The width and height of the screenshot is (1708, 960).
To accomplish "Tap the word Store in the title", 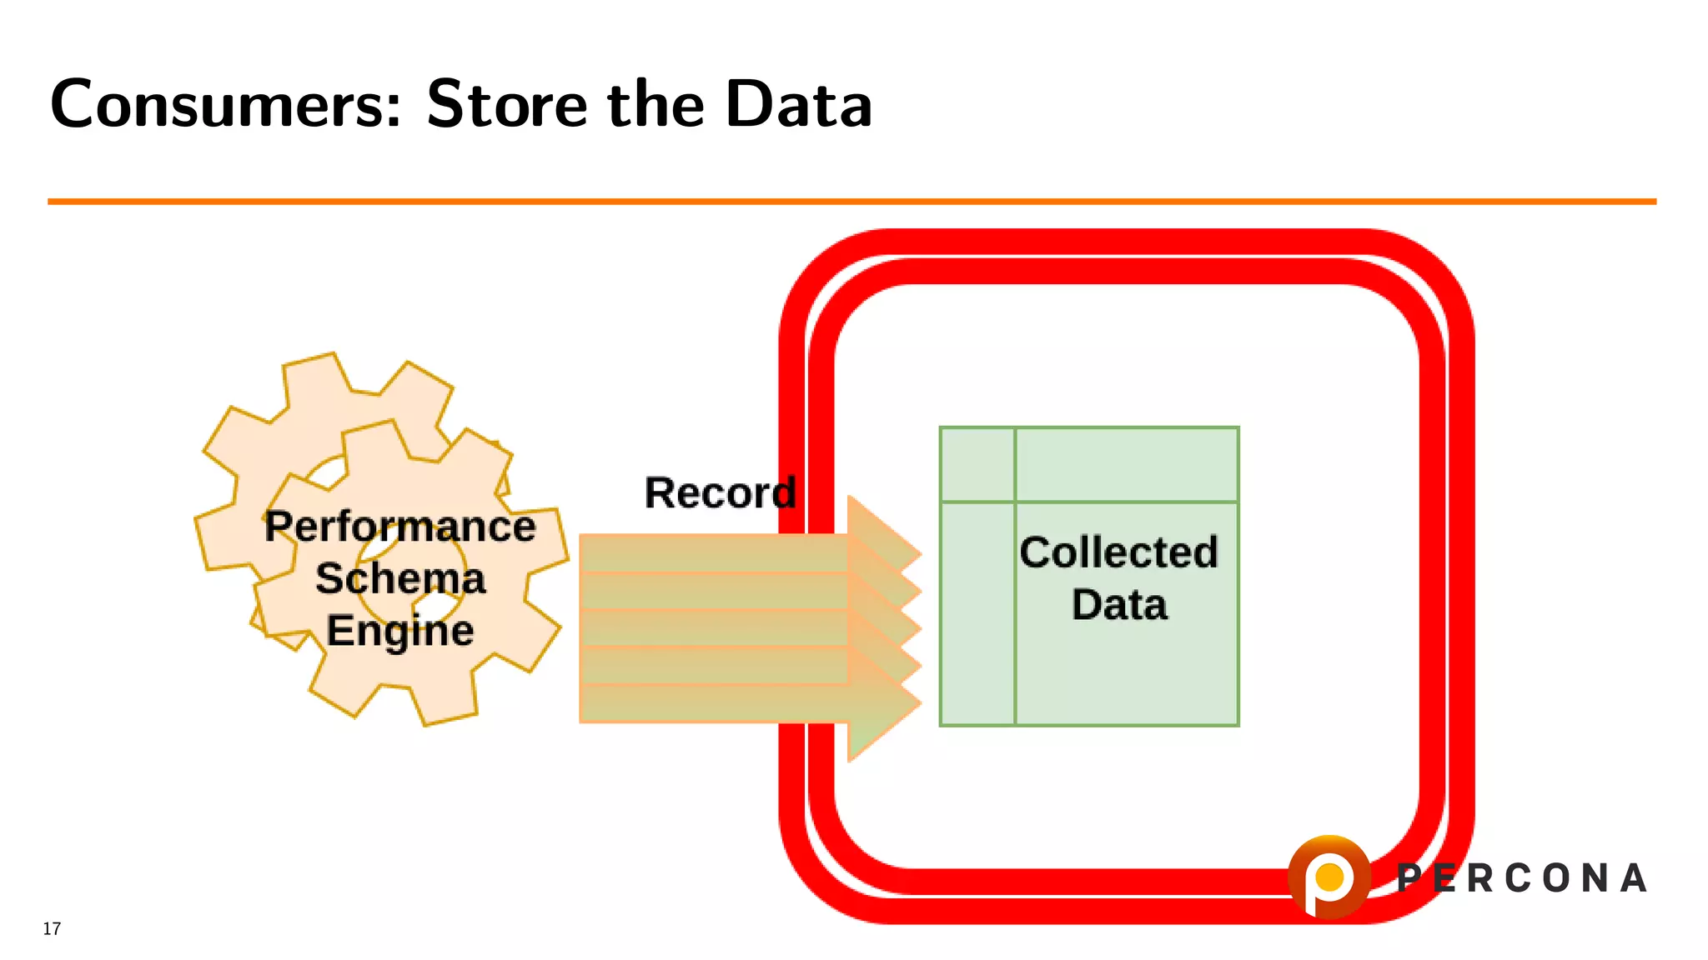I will click(x=507, y=105).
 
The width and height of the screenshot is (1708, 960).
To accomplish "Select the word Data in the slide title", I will click(x=798, y=105).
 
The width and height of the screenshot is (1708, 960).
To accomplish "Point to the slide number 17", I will click(x=52, y=928).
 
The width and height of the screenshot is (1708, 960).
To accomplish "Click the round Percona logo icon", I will click(x=1329, y=877).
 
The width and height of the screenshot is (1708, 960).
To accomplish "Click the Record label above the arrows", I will click(x=720, y=492).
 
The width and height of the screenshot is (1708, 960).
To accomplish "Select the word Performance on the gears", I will click(x=400, y=527).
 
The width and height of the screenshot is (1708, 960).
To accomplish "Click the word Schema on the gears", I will click(x=400, y=578).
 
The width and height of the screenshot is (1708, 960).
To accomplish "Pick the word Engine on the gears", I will click(x=400, y=630).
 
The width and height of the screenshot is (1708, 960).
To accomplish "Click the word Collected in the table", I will click(x=1118, y=552).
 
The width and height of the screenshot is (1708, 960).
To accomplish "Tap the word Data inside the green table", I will click(x=1119, y=604).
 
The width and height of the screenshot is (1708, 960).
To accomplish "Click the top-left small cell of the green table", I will click(x=977, y=464).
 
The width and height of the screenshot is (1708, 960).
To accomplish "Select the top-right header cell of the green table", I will click(x=1126, y=464).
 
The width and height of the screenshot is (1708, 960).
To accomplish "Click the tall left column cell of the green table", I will click(x=977, y=613).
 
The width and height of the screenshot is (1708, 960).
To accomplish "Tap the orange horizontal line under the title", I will click(x=851, y=201).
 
